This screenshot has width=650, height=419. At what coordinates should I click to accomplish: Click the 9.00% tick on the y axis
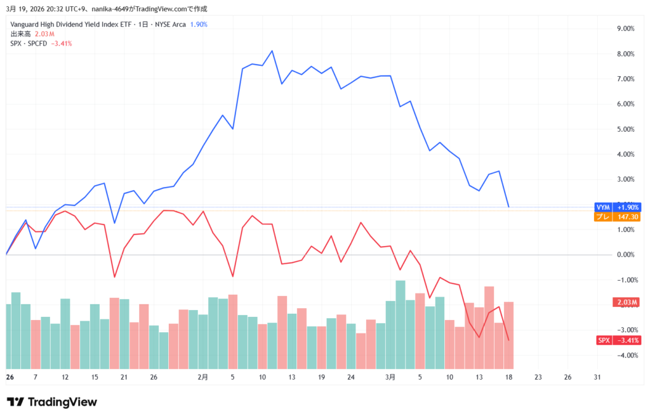pyautogui.click(x=626, y=29)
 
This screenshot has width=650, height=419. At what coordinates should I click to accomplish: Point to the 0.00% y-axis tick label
pyautogui.click(x=626, y=255)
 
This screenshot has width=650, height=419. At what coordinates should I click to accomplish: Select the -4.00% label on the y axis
pyautogui.click(x=625, y=356)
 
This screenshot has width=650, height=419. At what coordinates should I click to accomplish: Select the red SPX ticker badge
pyautogui.click(x=603, y=340)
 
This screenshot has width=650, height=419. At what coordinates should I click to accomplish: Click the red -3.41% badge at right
pyautogui.click(x=628, y=340)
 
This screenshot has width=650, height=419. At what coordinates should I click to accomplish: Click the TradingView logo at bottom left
pyautogui.click(x=52, y=402)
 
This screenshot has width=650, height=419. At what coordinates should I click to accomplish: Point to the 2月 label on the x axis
pyautogui.click(x=202, y=377)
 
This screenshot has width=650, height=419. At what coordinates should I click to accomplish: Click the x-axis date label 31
pyautogui.click(x=597, y=377)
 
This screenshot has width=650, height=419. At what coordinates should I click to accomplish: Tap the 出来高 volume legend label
pyautogui.click(x=20, y=34)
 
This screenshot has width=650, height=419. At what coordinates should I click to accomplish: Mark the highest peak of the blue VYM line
pyautogui.click(x=272, y=51)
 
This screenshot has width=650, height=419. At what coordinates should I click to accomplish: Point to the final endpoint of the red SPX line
pyautogui.click(x=509, y=340)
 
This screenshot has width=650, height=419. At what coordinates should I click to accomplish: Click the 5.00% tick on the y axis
pyautogui.click(x=626, y=129)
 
